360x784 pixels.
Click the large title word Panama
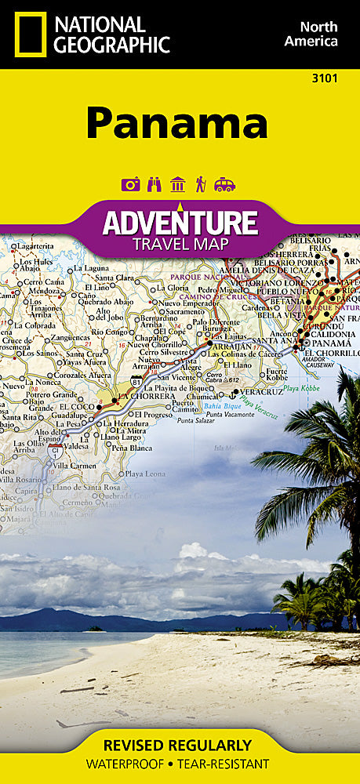coord(177,124)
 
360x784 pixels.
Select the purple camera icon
coord(130,184)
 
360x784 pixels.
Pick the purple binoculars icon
coord(154,184)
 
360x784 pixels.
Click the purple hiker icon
coord(201,184)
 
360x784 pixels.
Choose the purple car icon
coord(224,184)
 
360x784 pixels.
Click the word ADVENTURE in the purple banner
coord(180,223)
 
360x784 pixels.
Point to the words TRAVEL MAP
coord(180,243)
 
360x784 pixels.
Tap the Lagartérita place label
coord(35,245)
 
